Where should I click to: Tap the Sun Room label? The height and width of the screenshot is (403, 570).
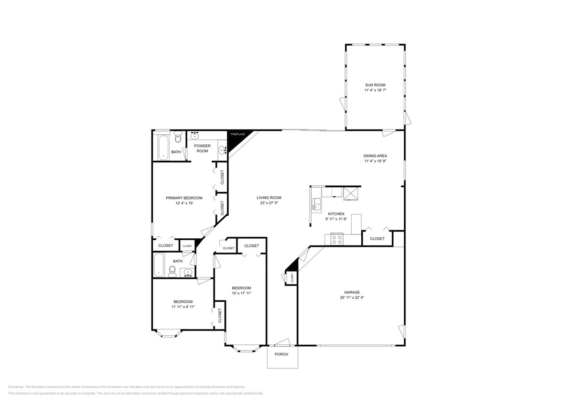click(x=375, y=85)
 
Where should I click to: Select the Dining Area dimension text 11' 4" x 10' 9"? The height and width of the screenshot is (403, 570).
click(x=375, y=161)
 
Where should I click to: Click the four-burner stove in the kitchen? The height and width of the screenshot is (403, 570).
click(x=336, y=239)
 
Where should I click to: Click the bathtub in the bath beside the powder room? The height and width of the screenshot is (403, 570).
click(x=161, y=148)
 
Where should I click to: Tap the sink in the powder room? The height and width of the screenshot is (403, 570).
click(x=222, y=150)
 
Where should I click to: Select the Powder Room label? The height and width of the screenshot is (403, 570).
click(x=202, y=148)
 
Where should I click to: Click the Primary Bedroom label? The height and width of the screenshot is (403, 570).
click(x=184, y=198)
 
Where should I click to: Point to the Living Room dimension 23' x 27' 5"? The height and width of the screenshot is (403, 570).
click(x=269, y=203)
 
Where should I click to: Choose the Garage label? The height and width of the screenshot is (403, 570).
click(x=352, y=292)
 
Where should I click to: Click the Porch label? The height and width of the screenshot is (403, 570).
click(x=281, y=354)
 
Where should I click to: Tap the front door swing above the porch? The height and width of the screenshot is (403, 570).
click(x=282, y=342)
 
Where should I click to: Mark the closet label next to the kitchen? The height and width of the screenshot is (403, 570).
click(x=377, y=239)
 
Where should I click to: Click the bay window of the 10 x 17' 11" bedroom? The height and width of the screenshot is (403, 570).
click(x=246, y=349)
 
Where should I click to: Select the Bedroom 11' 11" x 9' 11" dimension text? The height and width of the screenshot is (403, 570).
click(x=183, y=307)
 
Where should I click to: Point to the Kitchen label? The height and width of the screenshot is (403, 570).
click(x=336, y=214)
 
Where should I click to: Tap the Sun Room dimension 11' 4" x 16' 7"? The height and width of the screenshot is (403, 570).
click(x=375, y=90)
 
